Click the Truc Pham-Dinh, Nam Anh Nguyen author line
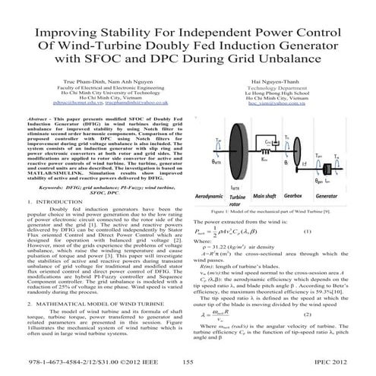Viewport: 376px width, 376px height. (x=102, y=100)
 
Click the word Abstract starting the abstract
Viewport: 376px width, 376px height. (x=43, y=141)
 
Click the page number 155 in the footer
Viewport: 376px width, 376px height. (x=188, y=365)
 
